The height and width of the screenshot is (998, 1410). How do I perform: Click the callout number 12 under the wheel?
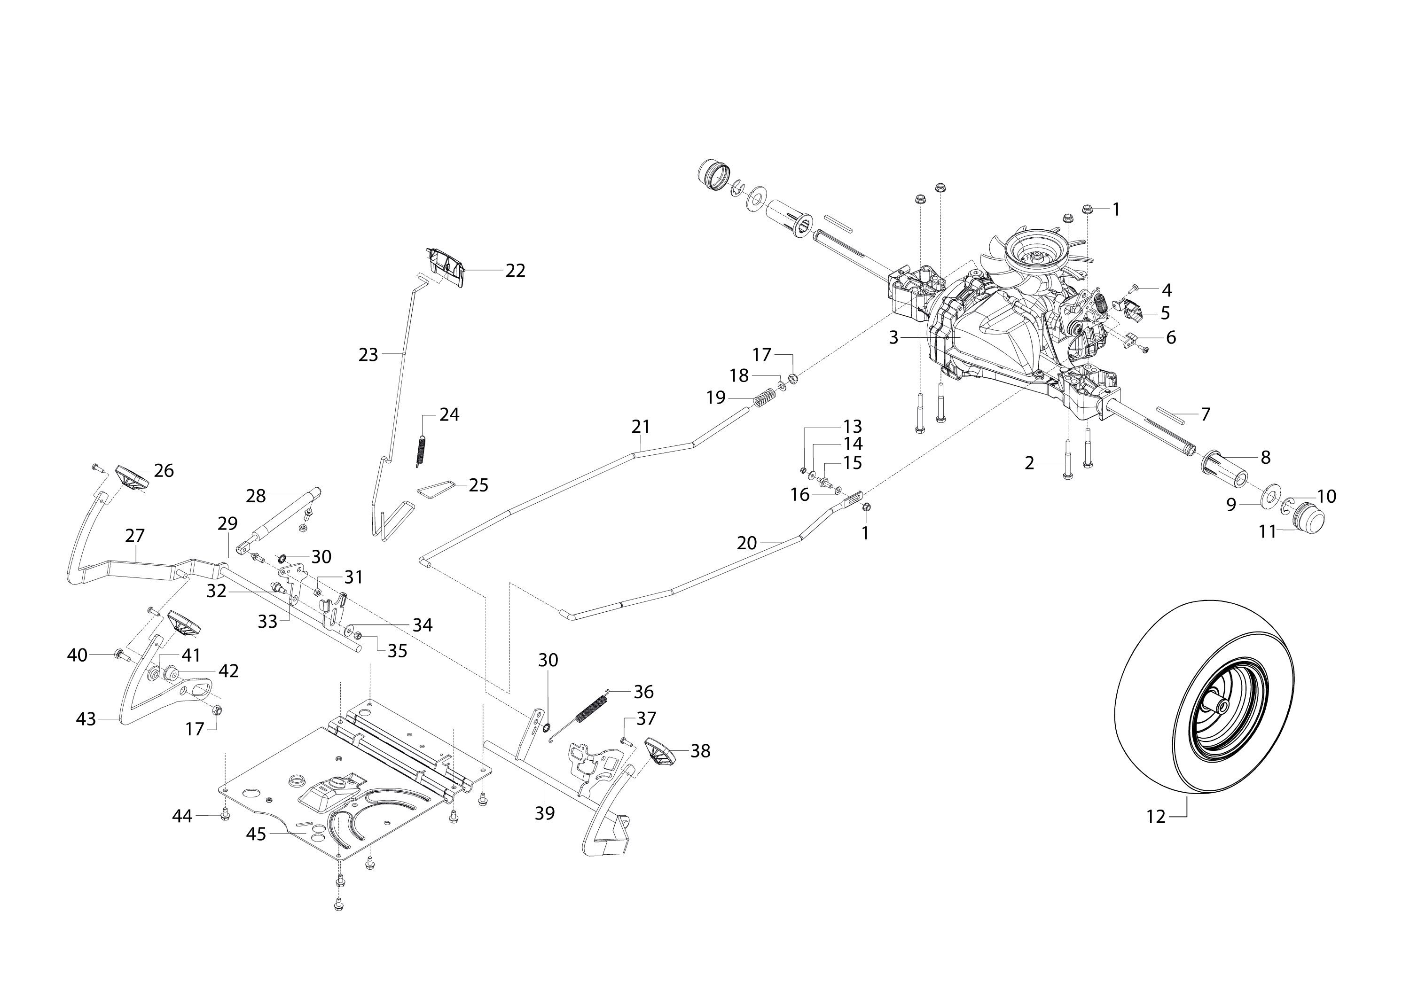pos(1156,817)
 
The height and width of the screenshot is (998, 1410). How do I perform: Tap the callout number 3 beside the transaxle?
pos(893,337)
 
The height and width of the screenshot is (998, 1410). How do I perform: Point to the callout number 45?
pos(256,834)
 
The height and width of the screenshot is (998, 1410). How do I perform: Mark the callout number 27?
pos(134,535)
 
